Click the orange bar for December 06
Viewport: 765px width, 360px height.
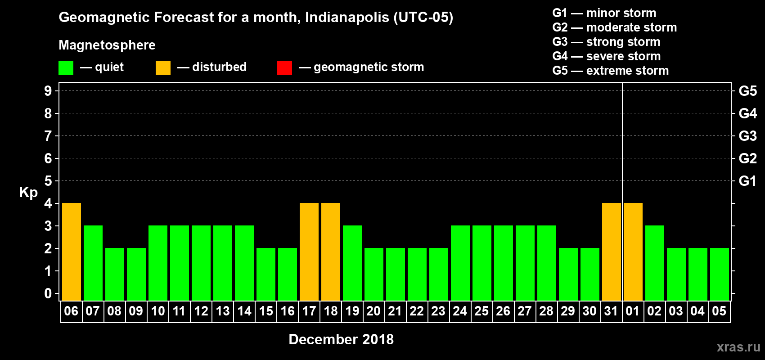pyautogui.click(x=72, y=252)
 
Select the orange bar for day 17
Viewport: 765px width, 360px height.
pyautogui.click(x=309, y=252)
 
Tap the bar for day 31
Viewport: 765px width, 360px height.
pyautogui.click(x=612, y=252)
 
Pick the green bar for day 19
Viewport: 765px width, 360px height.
pyautogui.click(x=352, y=263)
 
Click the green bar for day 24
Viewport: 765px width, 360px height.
pyautogui.click(x=460, y=263)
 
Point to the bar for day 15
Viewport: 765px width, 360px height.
pyautogui.click(x=266, y=274)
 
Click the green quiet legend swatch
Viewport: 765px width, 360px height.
pyautogui.click(x=66, y=68)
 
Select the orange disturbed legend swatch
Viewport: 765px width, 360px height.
pyautogui.click(x=163, y=68)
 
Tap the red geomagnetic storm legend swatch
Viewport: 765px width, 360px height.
pyautogui.click(x=284, y=68)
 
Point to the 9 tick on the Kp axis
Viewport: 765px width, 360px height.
pyautogui.click(x=48, y=91)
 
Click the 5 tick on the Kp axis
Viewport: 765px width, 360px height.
pyautogui.click(x=48, y=181)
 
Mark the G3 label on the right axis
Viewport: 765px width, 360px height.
pyautogui.click(x=747, y=136)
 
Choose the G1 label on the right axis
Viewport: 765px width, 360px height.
pyautogui.click(x=747, y=181)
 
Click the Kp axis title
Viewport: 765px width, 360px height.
pyautogui.click(x=28, y=192)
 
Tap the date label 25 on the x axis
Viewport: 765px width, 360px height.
pyautogui.click(x=481, y=311)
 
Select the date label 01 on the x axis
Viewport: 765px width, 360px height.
pyautogui.click(x=633, y=311)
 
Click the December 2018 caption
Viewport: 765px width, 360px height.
pyautogui.click(x=341, y=339)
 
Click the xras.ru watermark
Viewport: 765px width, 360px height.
pyautogui.click(x=738, y=347)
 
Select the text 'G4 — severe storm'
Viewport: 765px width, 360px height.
pyautogui.click(x=607, y=56)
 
